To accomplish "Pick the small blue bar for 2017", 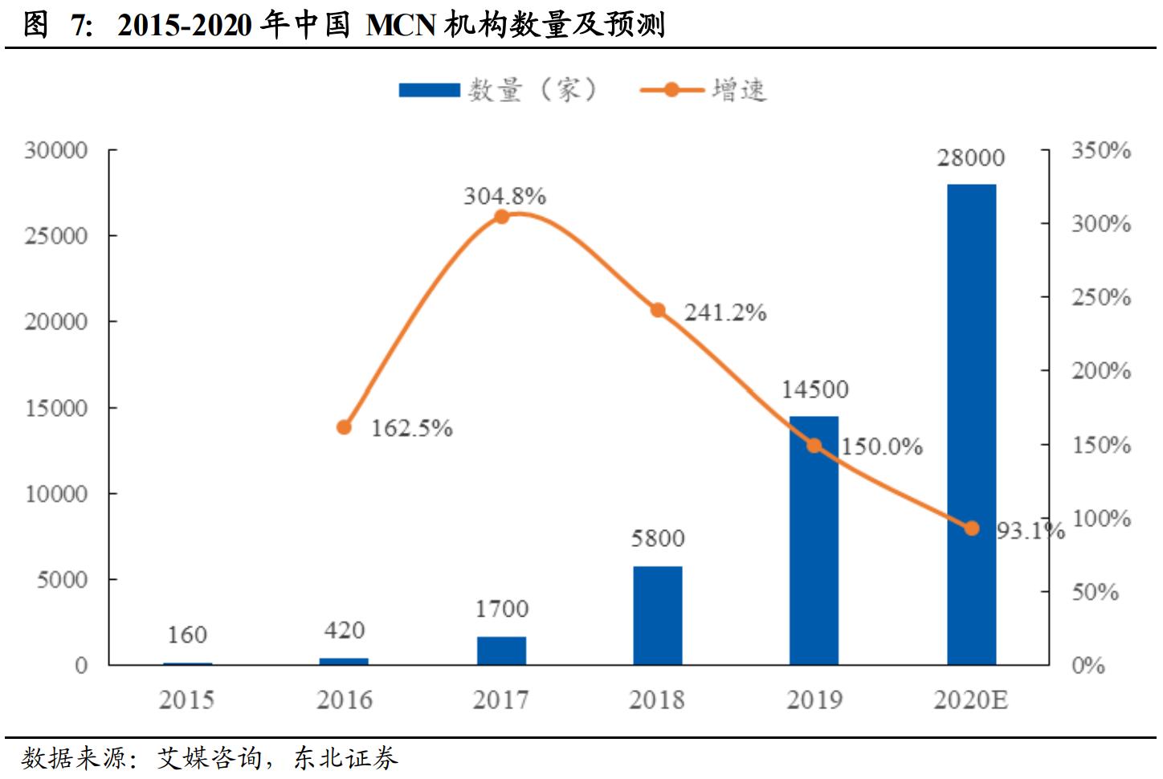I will (501, 651).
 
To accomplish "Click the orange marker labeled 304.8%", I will (501, 216).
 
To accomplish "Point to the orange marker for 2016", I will (344, 427).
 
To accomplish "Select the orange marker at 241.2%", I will (658, 310).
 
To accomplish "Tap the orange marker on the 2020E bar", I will (971, 528).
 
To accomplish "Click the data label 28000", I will (970, 158).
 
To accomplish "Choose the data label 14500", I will (814, 389).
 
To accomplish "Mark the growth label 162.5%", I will (411, 428).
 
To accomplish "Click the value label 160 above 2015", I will (187, 635).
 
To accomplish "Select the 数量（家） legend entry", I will (498, 90).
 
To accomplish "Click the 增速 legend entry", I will (704, 90).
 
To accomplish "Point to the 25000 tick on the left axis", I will (55, 236).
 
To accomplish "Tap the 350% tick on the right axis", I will (1100, 150).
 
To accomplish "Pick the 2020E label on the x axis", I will (970, 700).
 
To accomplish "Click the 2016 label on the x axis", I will (344, 700).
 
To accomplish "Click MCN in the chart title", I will (401, 26).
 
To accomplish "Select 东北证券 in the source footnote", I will (345, 758).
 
